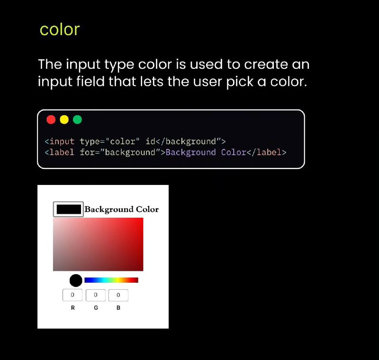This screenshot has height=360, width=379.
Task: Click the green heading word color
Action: [60, 29]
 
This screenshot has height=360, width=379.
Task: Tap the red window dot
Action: [51, 120]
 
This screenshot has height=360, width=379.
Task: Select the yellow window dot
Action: [64, 120]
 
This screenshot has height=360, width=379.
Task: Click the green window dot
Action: [77, 120]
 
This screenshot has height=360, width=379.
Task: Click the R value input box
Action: [72, 295]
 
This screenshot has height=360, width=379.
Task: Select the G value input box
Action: [96, 295]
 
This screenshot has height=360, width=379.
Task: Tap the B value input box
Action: [118, 295]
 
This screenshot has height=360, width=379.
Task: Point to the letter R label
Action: [73, 308]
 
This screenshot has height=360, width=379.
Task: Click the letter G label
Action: [96, 308]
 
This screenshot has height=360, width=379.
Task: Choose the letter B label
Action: [118, 308]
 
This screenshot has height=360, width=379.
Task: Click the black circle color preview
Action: [76, 280]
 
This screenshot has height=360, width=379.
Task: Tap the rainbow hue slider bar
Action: [111, 280]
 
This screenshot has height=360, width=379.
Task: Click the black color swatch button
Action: [68, 209]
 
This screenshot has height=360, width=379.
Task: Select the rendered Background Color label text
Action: [122, 209]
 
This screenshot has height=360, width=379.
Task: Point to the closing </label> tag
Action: [266, 152]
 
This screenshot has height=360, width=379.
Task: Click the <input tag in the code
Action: [60, 141]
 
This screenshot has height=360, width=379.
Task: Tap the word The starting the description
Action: [50, 65]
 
